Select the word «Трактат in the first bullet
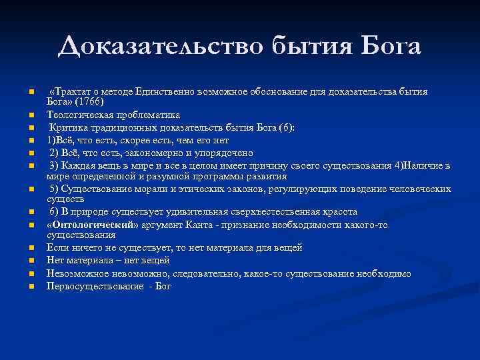click(x=69, y=91)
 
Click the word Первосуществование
click(x=93, y=287)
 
